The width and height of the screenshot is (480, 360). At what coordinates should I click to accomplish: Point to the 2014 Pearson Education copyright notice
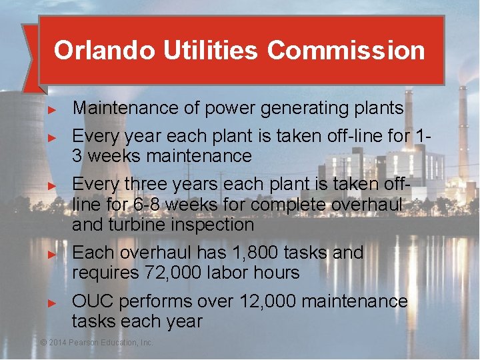pyautogui.click(x=97, y=342)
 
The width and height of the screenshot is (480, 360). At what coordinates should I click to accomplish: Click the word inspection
pyautogui.click(x=213, y=225)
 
